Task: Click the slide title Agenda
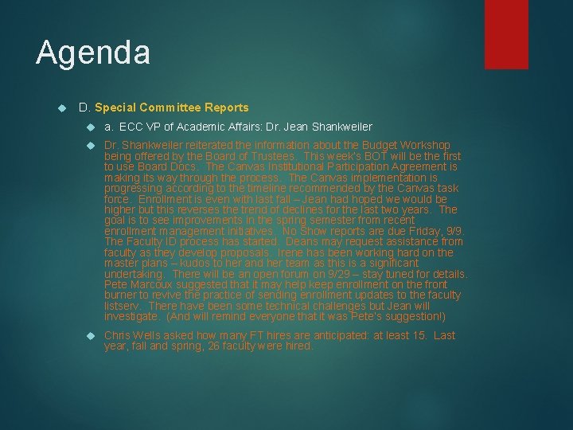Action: pos(93,53)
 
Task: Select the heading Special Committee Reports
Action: pos(171,107)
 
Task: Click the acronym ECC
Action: pos(131,127)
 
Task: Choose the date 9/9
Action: pos(455,231)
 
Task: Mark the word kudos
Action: pos(194,263)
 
